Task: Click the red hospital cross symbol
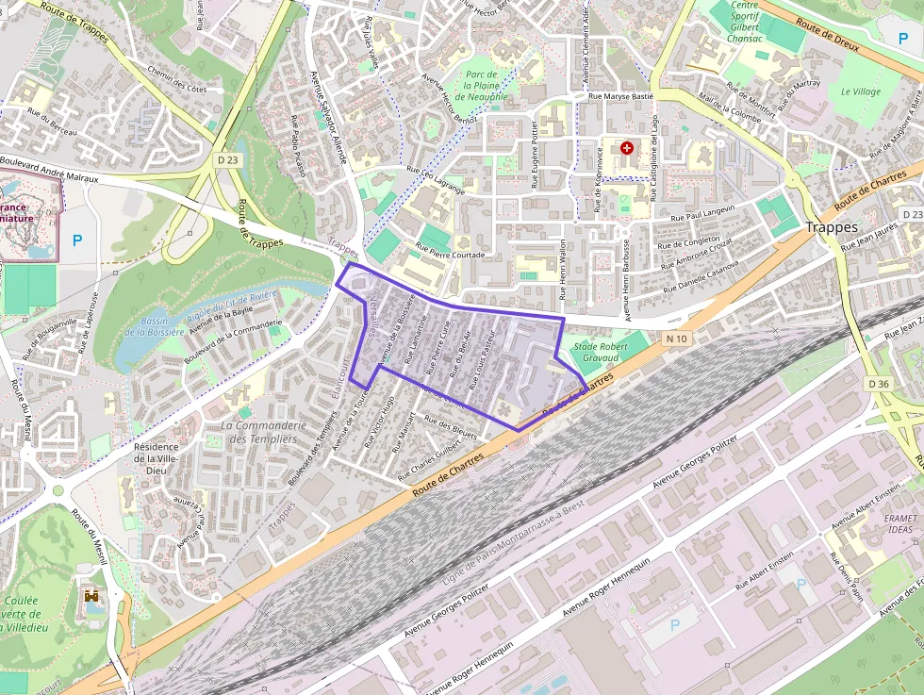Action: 628,148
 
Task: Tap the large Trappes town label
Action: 832,227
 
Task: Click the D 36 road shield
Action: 878,384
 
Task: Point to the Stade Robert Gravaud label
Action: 601,353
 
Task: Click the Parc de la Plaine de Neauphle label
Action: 481,85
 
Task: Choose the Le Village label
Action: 860,92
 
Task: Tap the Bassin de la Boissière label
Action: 162,326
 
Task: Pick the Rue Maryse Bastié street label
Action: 619,96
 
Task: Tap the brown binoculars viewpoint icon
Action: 92,596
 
